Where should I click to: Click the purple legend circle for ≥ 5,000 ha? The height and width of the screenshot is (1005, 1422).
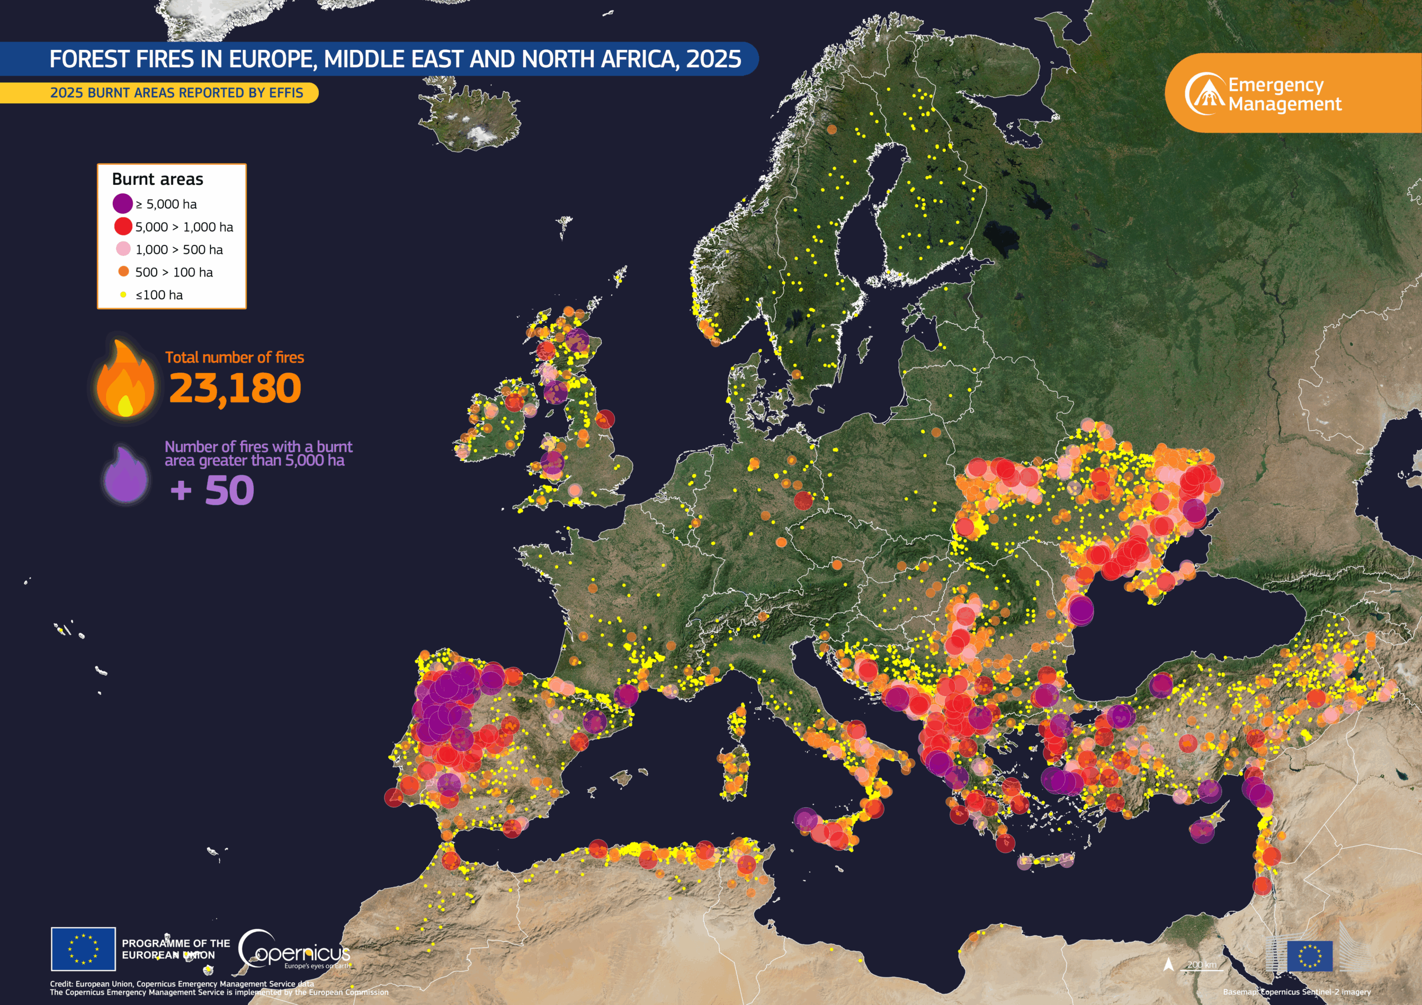coord(123,203)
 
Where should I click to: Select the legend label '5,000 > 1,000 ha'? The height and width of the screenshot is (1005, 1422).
coord(184,227)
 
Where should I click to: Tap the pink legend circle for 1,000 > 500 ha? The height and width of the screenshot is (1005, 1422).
coord(123,249)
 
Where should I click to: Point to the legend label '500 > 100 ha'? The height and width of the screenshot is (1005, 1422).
coord(174,273)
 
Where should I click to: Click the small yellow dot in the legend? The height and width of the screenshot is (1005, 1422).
coord(123,295)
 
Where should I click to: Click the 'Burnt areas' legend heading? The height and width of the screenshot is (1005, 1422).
coord(157,179)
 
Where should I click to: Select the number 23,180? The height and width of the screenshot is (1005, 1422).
coord(235,389)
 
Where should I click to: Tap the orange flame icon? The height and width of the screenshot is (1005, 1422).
coord(126,379)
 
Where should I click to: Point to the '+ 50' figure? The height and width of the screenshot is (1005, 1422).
coord(212,490)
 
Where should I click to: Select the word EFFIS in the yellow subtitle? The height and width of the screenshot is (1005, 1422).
coord(286,93)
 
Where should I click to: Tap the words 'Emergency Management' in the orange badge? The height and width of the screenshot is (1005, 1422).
coord(1284,94)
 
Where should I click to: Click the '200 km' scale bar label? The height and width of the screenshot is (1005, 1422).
coord(1201,964)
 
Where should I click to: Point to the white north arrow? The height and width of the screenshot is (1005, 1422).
coord(1169,964)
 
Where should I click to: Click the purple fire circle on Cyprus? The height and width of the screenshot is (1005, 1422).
coord(1202,831)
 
